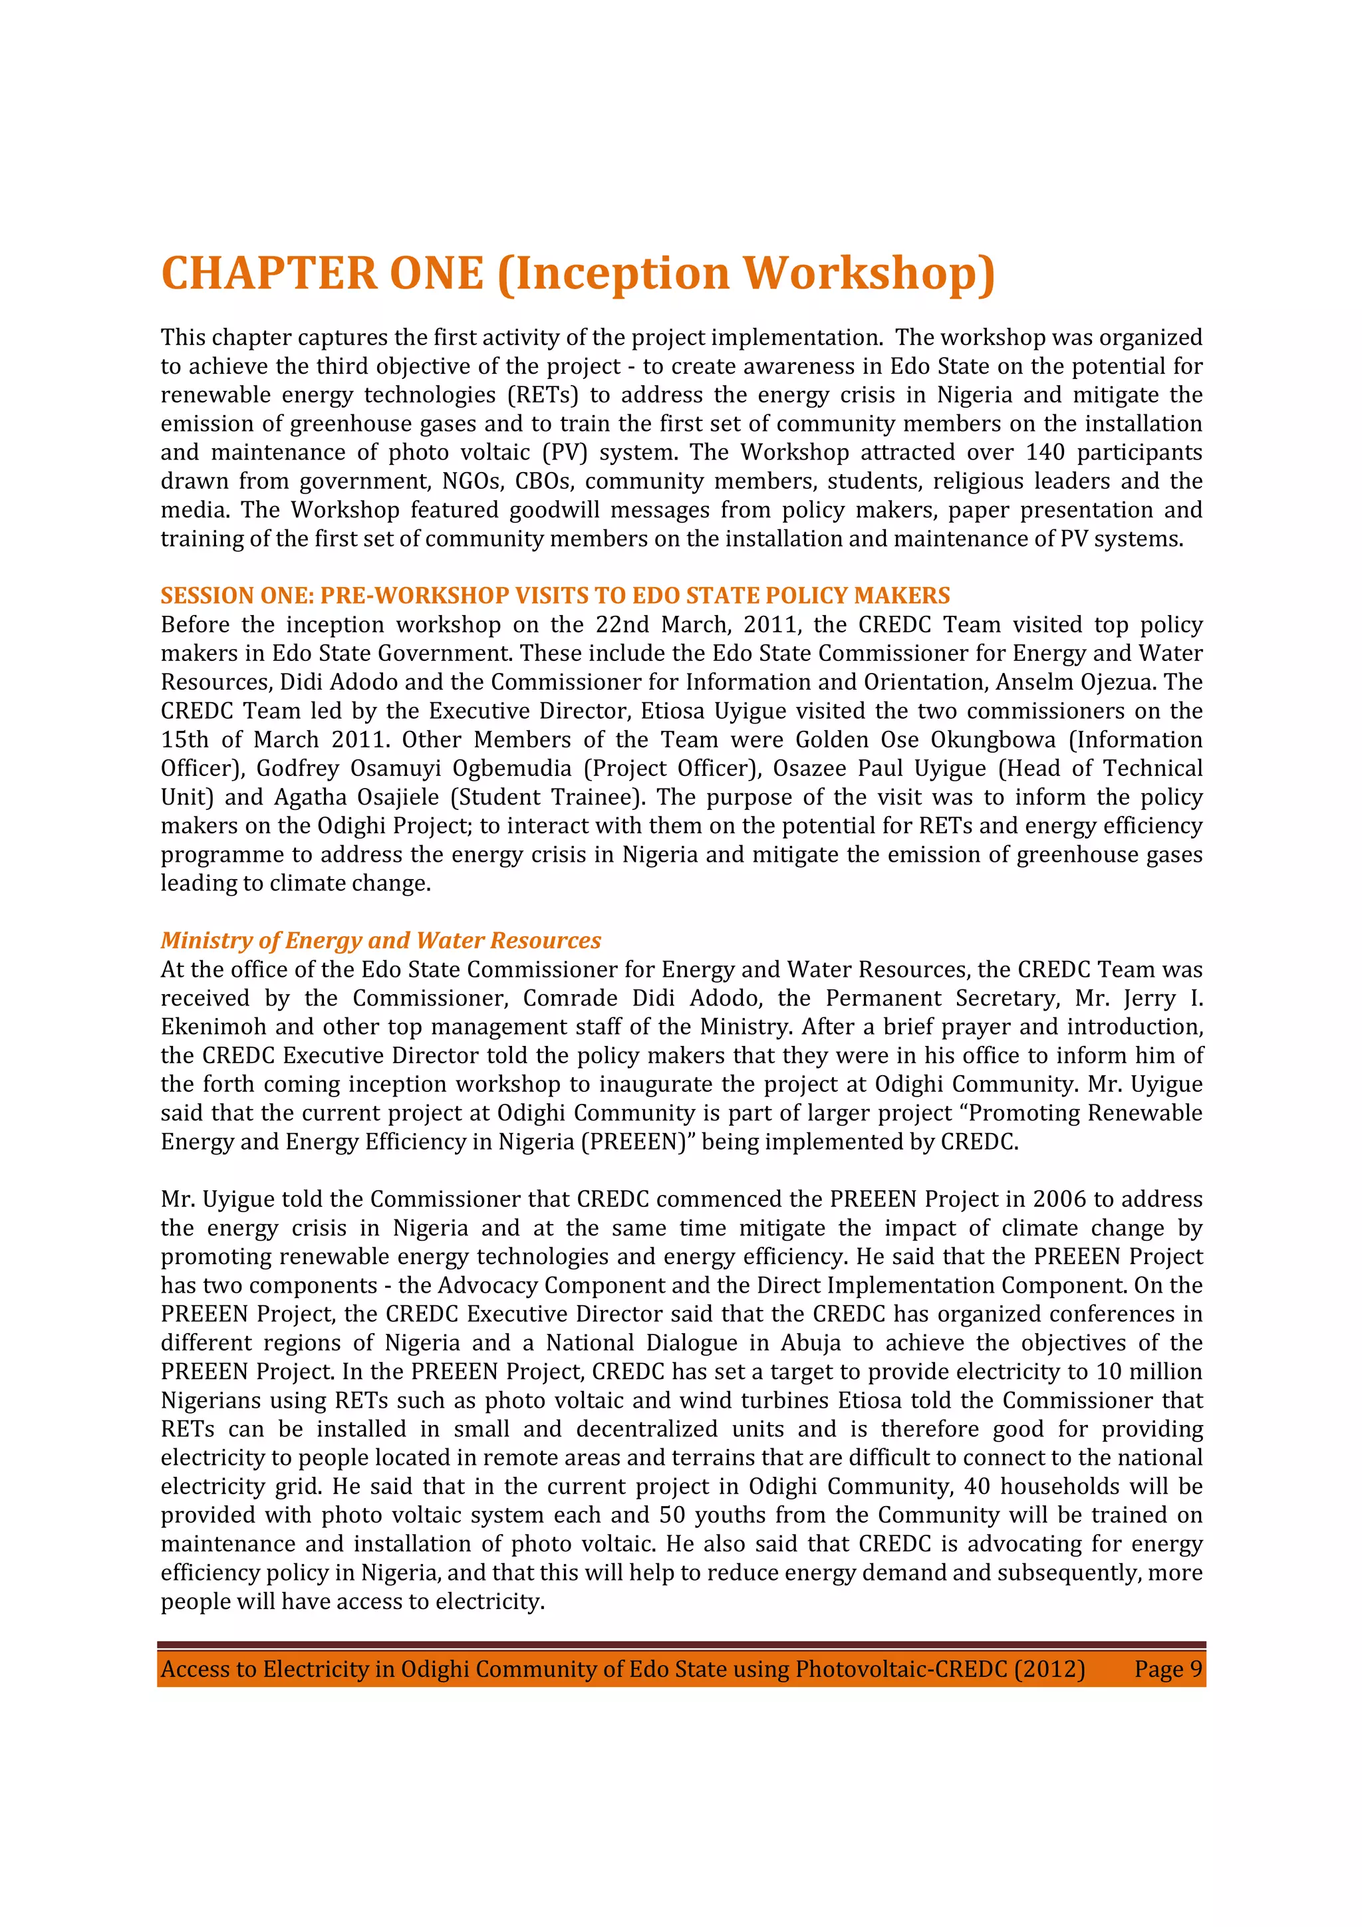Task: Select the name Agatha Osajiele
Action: tap(356, 797)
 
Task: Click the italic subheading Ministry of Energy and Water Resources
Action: tap(380, 941)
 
